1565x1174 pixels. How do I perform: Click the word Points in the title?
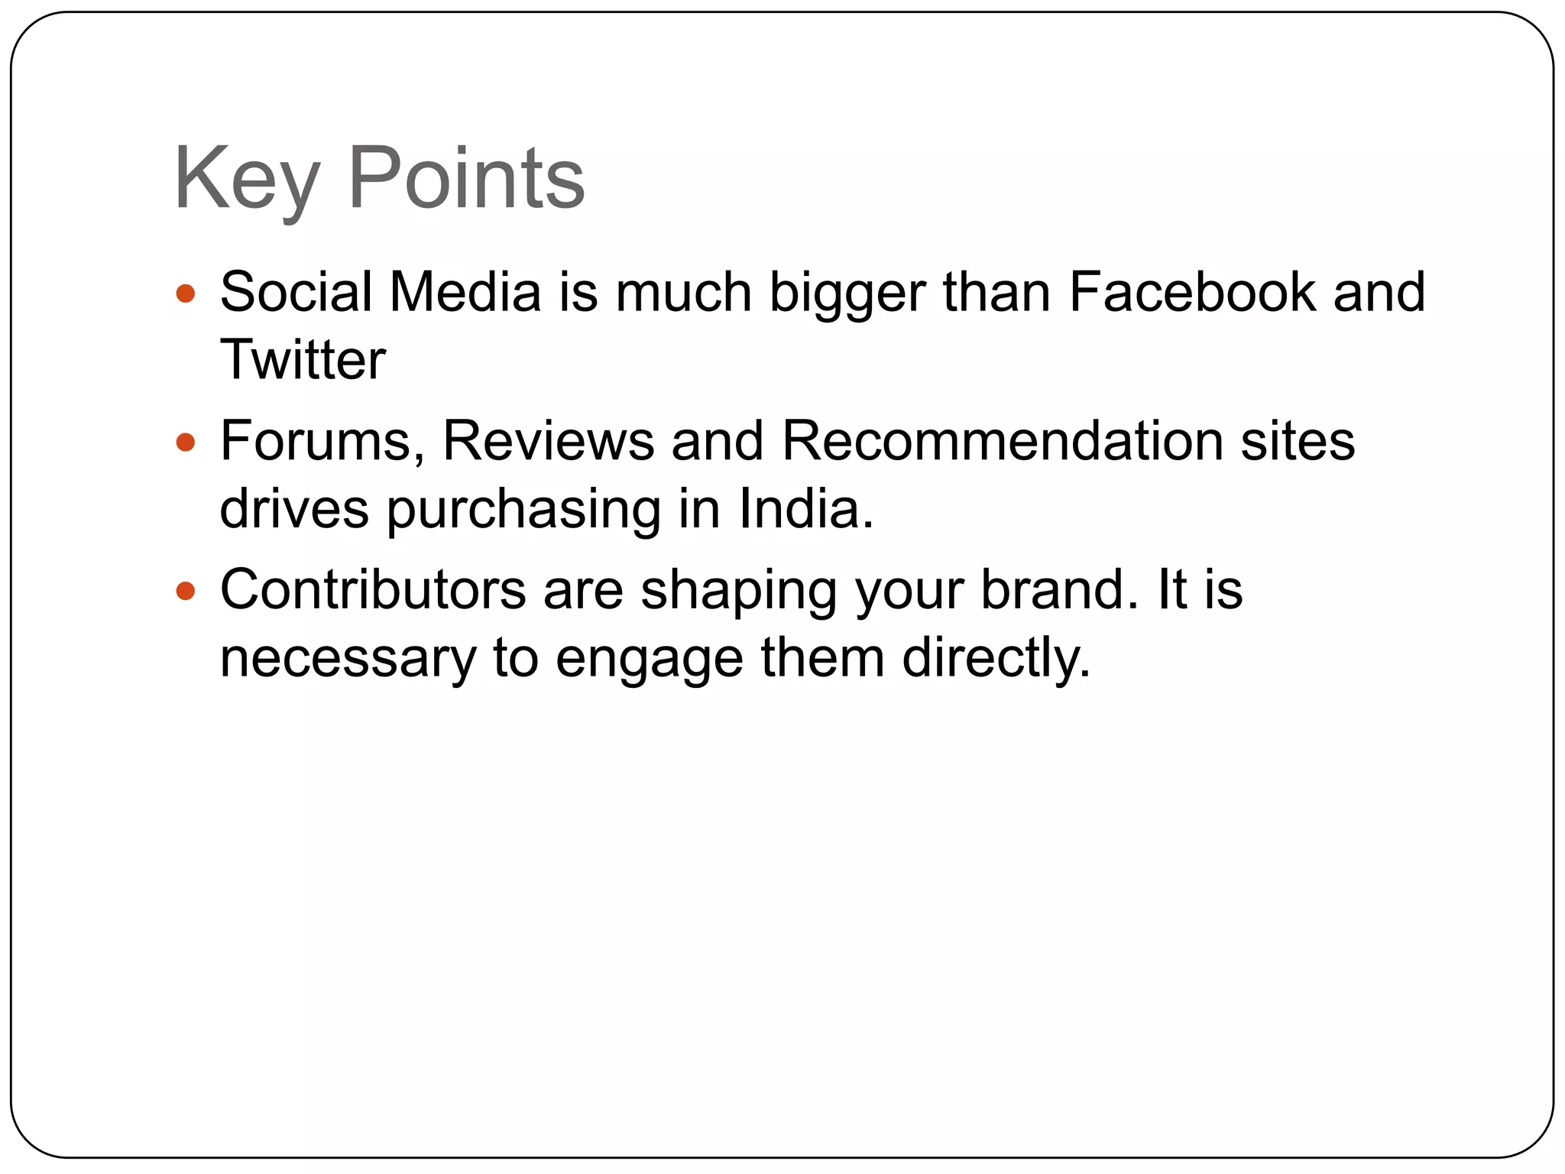coord(466,179)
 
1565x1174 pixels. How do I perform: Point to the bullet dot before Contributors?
coord(186,591)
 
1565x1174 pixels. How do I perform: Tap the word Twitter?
coord(303,359)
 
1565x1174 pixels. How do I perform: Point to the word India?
coord(805,509)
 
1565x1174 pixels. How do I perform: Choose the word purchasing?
coord(523,511)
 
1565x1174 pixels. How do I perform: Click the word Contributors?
coord(373,590)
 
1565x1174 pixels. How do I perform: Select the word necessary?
coord(348,659)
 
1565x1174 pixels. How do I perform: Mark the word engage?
coord(649,660)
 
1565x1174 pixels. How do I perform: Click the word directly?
coord(996,659)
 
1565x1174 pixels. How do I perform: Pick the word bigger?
coord(847,293)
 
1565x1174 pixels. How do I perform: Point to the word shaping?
coord(738,592)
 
